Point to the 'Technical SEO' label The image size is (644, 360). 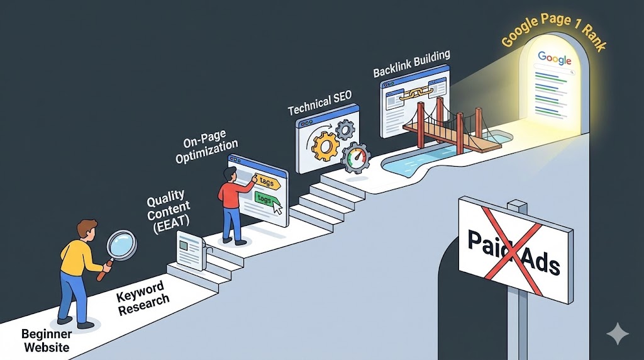(319, 102)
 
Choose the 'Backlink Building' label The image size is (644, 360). (411, 62)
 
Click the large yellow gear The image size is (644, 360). (326, 146)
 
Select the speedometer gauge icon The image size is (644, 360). (356, 159)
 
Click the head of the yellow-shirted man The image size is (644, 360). (86, 229)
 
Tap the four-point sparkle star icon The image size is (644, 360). (616, 333)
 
